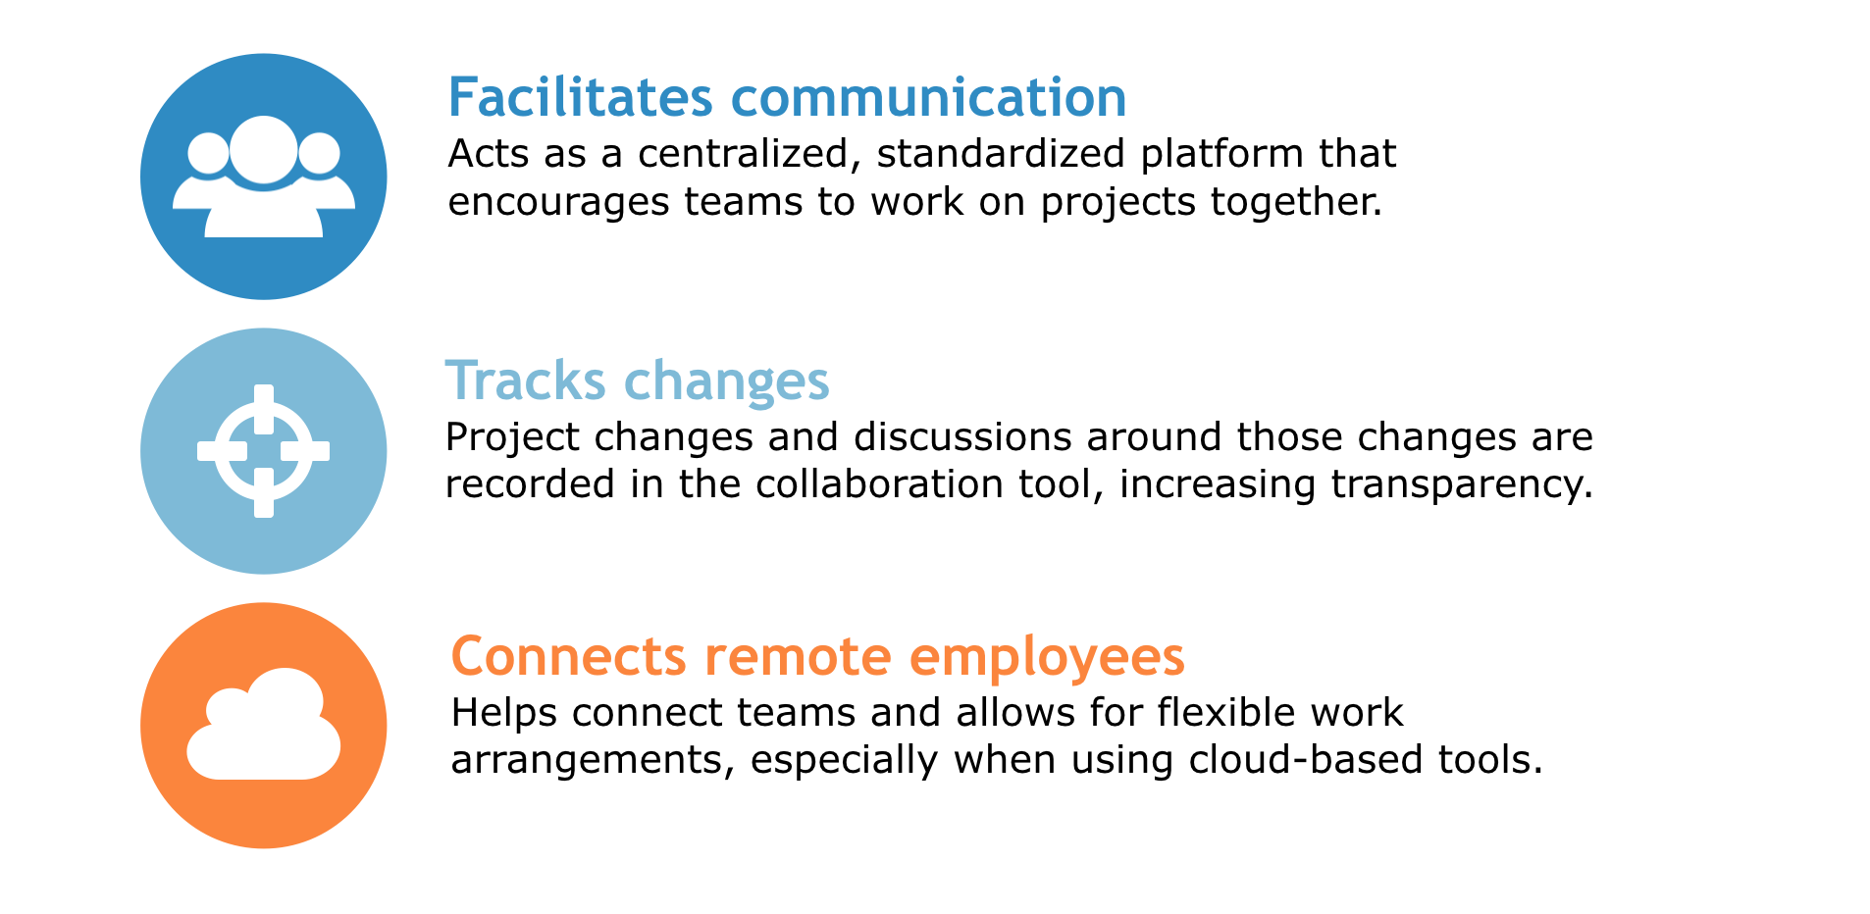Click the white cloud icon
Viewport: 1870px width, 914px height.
pyautogui.click(x=263, y=725)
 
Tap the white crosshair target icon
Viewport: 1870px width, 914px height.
pyautogui.click(x=263, y=451)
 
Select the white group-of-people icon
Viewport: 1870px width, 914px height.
pyautogui.click(x=263, y=177)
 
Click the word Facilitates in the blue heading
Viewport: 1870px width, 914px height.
pyautogui.click(x=581, y=97)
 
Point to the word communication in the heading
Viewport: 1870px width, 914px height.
pyautogui.click(x=929, y=97)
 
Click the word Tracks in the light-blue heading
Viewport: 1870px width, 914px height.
pyautogui.click(x=526, y=381)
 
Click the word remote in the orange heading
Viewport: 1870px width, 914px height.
pyautogui.click(x=799, y=656)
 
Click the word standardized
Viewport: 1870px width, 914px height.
pyautogui.click(x=1001, y=154)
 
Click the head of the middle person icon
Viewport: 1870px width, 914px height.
pyautogui.click(x=263, y=150)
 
